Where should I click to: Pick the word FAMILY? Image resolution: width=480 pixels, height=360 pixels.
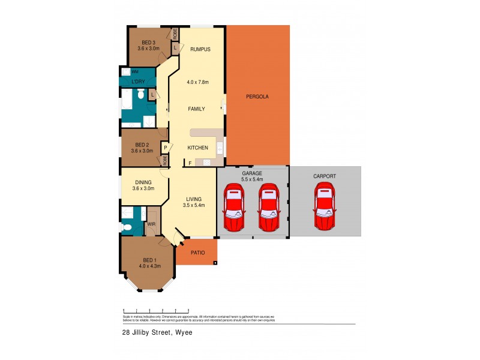point(196,109)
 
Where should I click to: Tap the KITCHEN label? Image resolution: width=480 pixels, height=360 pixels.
point(197,148)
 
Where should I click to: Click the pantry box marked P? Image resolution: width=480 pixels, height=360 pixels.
point(164,147)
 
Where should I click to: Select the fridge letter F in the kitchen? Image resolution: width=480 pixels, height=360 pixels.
point(190,163)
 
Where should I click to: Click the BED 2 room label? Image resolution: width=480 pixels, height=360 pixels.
point(142,145)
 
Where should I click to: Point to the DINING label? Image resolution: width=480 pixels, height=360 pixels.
point(143,182)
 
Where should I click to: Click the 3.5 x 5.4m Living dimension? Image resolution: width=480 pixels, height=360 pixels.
point(194,205)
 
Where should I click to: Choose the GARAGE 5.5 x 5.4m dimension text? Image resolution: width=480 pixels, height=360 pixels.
point(252,179)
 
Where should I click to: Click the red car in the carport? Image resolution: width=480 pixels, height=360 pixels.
point(325,207)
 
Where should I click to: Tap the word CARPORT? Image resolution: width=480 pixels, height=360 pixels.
point(325,176)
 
